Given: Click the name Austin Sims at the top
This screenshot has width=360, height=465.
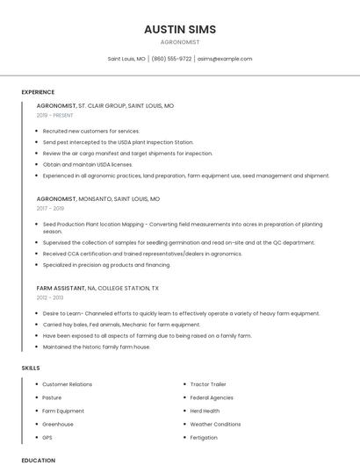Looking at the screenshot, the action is pyautogui.click(x=179, y=29).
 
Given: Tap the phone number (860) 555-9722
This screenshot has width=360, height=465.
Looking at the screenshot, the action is pyautogui.click(x=171, y=59).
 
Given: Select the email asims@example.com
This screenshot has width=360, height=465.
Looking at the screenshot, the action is pyautogui.click(x=225, y=59).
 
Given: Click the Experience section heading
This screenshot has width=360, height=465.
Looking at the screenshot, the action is pyautogui.click(x=38, y=92).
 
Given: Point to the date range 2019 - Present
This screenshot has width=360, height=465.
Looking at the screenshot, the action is pyautogui.click(x=55, y=116).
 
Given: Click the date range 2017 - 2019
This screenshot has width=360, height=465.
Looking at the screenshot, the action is pyautogui.click(x=50, y=209).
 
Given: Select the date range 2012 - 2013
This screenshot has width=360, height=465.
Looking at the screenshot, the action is pyautogui.click(x=50, y=297).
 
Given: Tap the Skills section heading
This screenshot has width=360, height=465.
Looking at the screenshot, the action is pyautogui.click(x=31, y=368).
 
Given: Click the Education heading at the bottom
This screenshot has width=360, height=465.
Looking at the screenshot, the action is pyautogui.click(x=38, y=460).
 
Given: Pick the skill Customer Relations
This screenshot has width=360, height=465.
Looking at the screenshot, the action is pyautogui.click(x=67, y=384).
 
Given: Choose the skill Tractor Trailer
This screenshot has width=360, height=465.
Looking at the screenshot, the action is pyautogui.click(x=208, y=384).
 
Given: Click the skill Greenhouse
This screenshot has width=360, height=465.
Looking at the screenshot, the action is pyautogui.click(x=58, y=424).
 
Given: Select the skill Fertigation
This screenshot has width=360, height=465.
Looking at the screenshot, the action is pyautogui.click(x=204, y=437).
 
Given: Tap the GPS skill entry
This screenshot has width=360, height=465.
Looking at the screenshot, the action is pyautogui.click(x=47, y=437).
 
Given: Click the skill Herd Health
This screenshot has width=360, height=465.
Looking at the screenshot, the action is pyautogui.click(x=205, y=411).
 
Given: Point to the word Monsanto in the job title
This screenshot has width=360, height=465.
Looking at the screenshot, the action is pyautogui.click(x=95, y=199).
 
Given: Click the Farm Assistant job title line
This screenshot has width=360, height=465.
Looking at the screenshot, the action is pyautogui.click(x=97, y=288).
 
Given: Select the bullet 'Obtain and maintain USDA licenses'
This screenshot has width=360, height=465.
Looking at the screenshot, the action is pyautogui.click(x=88, y=164).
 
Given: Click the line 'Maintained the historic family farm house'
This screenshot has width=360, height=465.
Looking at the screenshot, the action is pyautogui.click(x=97, y=347).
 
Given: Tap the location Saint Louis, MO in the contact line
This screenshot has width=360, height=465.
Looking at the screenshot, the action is pyautogui.click(x=126, y=59).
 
